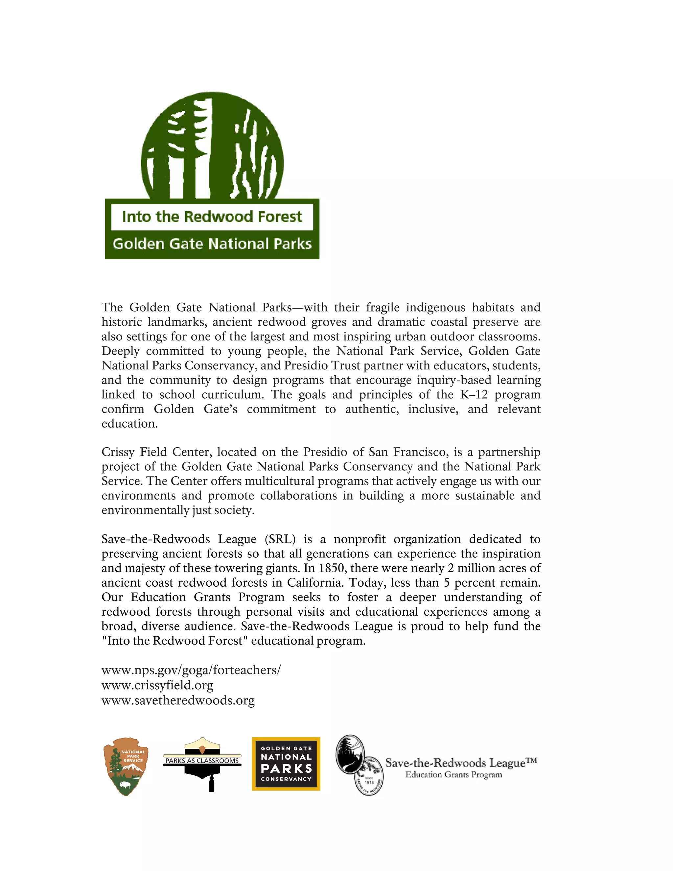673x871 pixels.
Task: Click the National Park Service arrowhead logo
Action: pos(126,766)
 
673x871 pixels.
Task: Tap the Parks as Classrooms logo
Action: pos(202,764)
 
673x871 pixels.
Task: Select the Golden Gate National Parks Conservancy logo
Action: pos(286,764)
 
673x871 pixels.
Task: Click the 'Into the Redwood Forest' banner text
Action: pos(212,217)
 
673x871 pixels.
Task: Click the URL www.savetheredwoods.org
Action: pos(178,700)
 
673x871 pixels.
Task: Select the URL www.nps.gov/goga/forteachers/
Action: pos(191,670)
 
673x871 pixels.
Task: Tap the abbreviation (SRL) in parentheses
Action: pos(280,539)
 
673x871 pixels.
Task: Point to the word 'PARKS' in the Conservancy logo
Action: pos(286,768)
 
